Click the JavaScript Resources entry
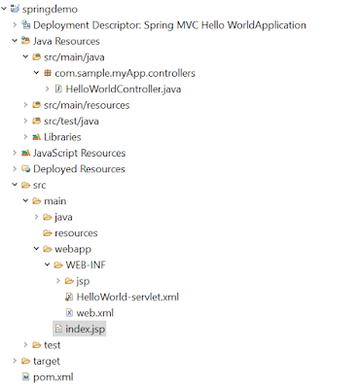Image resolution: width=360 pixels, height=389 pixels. pyautogui.click(x=81, y=153)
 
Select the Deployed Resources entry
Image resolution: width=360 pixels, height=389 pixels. pyautogui.click(x=80, y=168)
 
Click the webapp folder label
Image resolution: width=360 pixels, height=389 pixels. pyautogui.click(x=73, y=249)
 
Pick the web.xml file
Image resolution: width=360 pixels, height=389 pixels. pyautogui.click(x=95, y=312)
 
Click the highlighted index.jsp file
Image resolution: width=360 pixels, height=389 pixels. pyautogui.click(x=84, y=329)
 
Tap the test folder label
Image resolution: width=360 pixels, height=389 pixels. pyautogui.click(x=53, y=344)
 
